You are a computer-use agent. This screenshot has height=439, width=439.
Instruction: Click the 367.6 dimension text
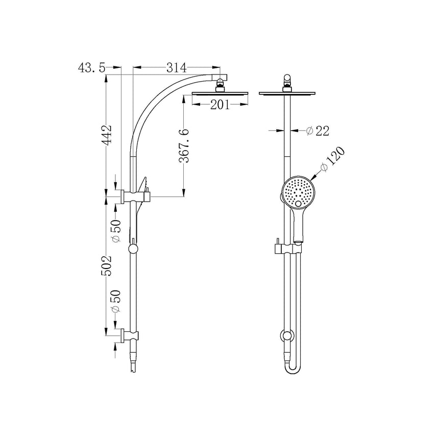coord(185,146)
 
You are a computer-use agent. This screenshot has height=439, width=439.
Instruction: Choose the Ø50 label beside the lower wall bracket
coord(116,302)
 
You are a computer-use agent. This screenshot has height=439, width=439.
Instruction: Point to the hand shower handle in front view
coord(299,225)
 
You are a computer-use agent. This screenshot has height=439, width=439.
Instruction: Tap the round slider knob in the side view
coord(133,249)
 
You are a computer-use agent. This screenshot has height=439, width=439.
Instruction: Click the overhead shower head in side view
coord(221,93)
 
